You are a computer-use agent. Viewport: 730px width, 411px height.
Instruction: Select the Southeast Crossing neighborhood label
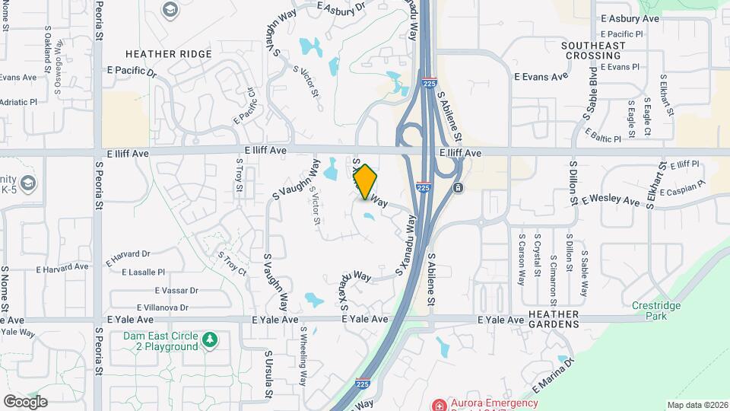pos(593,50)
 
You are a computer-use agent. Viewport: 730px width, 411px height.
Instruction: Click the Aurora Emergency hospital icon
pos(437,403)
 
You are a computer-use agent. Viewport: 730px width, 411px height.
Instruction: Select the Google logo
pos(26,401)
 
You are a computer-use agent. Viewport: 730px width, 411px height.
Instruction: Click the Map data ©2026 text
pos(697,405)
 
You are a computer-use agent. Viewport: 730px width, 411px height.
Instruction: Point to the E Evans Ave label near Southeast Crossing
pos(541,77)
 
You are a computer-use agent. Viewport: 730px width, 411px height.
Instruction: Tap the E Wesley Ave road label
pos(611,201)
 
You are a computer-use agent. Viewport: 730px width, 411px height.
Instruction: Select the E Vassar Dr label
pos(176,291)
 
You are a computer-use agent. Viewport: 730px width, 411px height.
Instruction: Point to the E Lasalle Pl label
pos(135,272)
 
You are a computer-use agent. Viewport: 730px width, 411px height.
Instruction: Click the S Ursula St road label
pos(268,374)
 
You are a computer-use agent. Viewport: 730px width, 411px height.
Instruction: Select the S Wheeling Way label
pos(303,355)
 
